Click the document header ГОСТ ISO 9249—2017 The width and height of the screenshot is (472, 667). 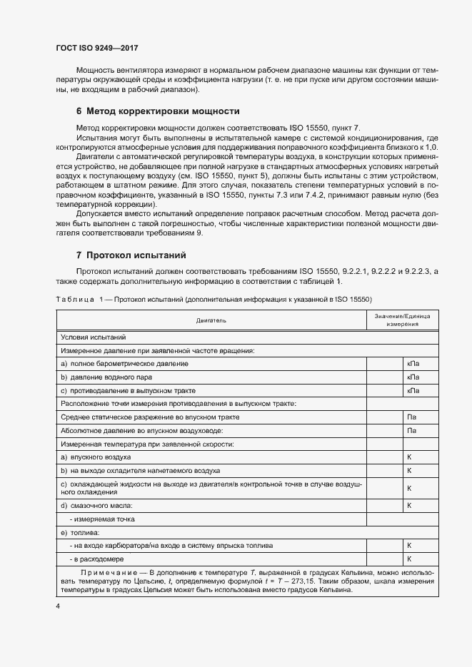pyautogui.click(x=96, y=48)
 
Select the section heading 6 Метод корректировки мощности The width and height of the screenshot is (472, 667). pyautogui.click(x=157, y=111)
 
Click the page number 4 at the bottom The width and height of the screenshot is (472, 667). pyautogui.click(x=58, y=606)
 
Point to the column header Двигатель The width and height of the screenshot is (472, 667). pyautogui.click(x=211, y=320)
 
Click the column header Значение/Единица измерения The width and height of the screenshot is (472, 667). pyautogui.click(x=402, y=320)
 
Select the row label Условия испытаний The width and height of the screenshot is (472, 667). pyautogui.click(x=94, y=337)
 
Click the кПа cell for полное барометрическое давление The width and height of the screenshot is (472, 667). pyautogui.click(x=413, y=364)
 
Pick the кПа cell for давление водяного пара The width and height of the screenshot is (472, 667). pyautogui.click(x=413, y=377)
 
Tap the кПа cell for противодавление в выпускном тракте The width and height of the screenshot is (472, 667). pyautogui.click(x=413, y=390)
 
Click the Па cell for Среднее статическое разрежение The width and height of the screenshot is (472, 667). pyautogui.click(x=411, y=417)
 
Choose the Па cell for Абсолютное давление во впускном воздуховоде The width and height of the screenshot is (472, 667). pyautogui.click(x=411, y=430)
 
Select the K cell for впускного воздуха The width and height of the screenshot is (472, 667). pyautogui.click(x=410, y=457)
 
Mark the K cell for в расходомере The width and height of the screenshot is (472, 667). pyautogui.click(x=410, y=559)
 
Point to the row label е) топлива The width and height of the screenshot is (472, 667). pyautogui.click(x=79, y=532)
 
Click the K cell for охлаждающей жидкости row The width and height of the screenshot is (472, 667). pyautogui.click(x=410, y=488)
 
